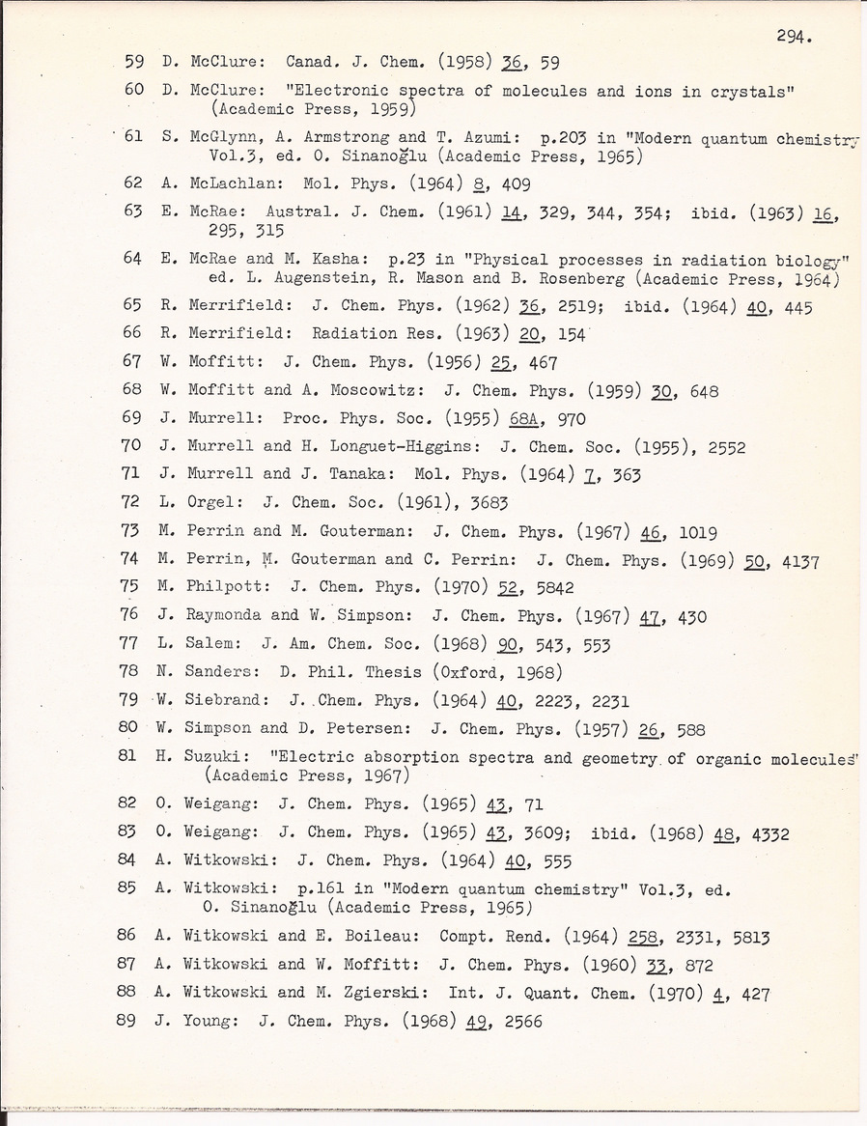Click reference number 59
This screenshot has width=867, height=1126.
[134, 63]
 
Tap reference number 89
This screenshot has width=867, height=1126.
[127, 1020]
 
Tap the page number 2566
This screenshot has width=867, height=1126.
[516, 1020]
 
